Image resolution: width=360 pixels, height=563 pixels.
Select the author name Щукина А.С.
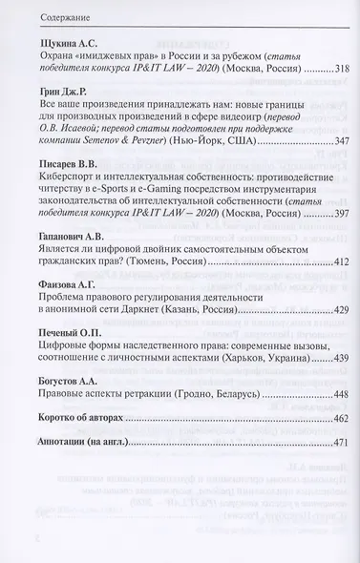(61, 54)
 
